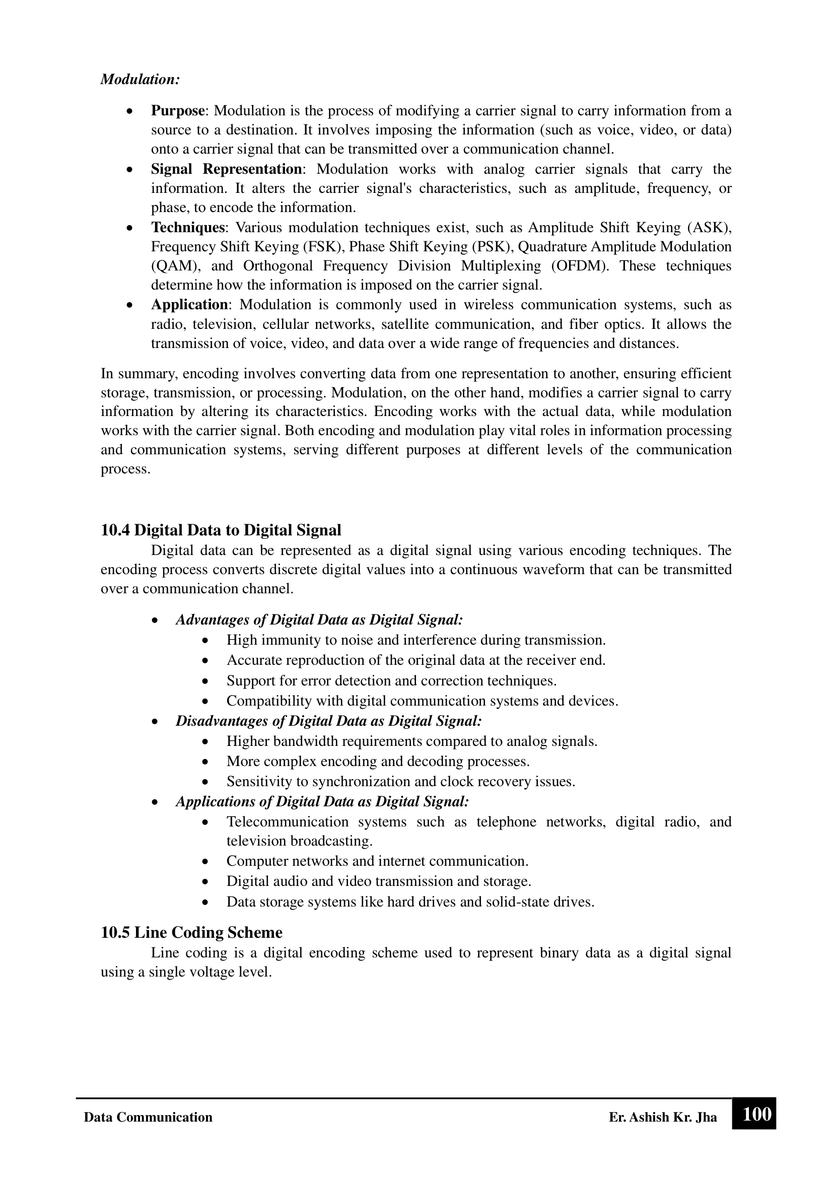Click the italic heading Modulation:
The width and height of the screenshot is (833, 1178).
140,80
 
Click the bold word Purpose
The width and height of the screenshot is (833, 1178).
177,111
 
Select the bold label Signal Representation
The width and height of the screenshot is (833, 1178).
226,169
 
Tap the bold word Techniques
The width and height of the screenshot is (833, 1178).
188,227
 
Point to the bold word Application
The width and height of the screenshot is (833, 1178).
189,305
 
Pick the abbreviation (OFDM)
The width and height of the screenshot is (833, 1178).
581,266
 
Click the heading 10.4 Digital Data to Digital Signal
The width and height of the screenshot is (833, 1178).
221,530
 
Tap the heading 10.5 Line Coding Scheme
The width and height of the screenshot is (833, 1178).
191,932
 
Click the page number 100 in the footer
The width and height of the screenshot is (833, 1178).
756,1115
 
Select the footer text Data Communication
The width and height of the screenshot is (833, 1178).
148,1118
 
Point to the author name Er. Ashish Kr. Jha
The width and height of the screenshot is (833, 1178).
663,1118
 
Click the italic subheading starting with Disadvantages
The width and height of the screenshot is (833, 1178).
328,721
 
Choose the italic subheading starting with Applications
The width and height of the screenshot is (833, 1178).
322,801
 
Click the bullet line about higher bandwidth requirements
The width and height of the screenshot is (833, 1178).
412,741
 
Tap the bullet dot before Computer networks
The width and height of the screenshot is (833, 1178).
205,861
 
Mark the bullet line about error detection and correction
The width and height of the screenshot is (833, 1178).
391,681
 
